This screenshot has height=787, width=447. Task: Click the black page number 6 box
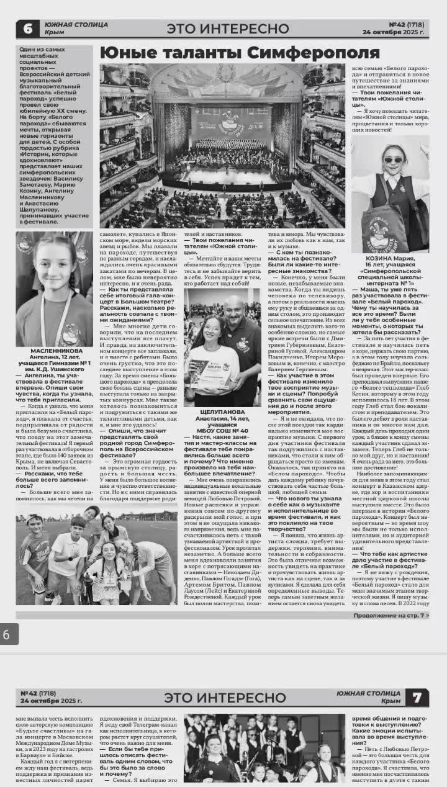[27, 28]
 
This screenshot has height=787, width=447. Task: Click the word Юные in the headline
[125, 53]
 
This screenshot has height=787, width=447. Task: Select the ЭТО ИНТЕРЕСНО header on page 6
[228, 29]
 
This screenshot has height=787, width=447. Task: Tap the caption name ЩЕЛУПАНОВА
[222, 411]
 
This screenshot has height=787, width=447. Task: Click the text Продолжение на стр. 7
[391, 615]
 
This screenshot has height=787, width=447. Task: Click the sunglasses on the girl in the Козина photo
[393, 160]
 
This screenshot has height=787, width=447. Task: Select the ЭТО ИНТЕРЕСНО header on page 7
[225, 698]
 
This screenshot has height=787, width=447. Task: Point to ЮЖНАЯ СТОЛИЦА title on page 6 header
[76, 25]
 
